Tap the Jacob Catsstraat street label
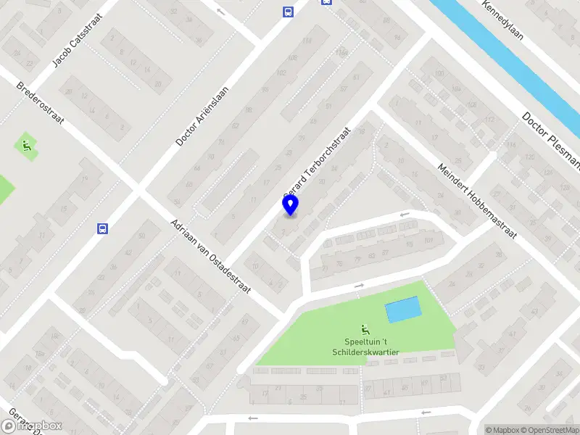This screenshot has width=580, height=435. tap(75, 43)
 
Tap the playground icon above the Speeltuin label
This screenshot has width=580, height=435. tap(365, 330)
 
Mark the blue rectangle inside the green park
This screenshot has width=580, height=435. tap(402, 310)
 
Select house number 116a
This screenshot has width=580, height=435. tap(341, 53)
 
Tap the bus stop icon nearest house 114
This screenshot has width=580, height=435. tap(287, 12)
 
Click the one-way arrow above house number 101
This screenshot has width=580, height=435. tap(405, 215)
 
